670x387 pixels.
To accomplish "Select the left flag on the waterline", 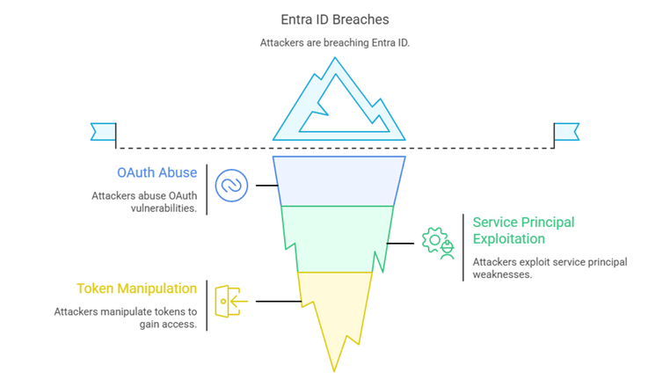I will click(x=103, y=132).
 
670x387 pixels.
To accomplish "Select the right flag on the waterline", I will click(x=566, y=132).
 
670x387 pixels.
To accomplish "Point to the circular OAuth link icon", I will click(x=232, y=186).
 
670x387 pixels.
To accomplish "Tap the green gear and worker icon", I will click(x=437, y=242).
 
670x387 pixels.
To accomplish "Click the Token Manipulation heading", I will click(x=136, y=288).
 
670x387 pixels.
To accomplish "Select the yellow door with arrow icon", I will click(x=231, y=302).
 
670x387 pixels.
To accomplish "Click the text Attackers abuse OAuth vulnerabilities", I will click(x=143, y=201).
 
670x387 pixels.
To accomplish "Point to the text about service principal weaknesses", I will click(x=550, y=268).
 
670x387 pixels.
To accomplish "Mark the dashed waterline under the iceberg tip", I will click(x=193, y=147).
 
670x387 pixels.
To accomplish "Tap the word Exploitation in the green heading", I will click(x=508, y=238).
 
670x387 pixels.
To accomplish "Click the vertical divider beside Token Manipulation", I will click(x=207, y=305).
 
